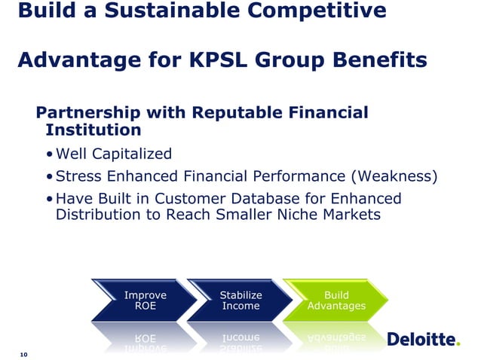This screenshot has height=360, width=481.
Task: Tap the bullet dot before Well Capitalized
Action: (x=49, y=155)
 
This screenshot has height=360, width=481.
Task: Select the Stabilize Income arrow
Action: (x=240, y=301)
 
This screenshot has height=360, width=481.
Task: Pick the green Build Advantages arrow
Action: (x=336, y=301)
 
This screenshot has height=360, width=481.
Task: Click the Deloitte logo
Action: (x=421, y=340)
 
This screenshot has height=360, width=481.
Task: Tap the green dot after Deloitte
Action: (x=457, y=344)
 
